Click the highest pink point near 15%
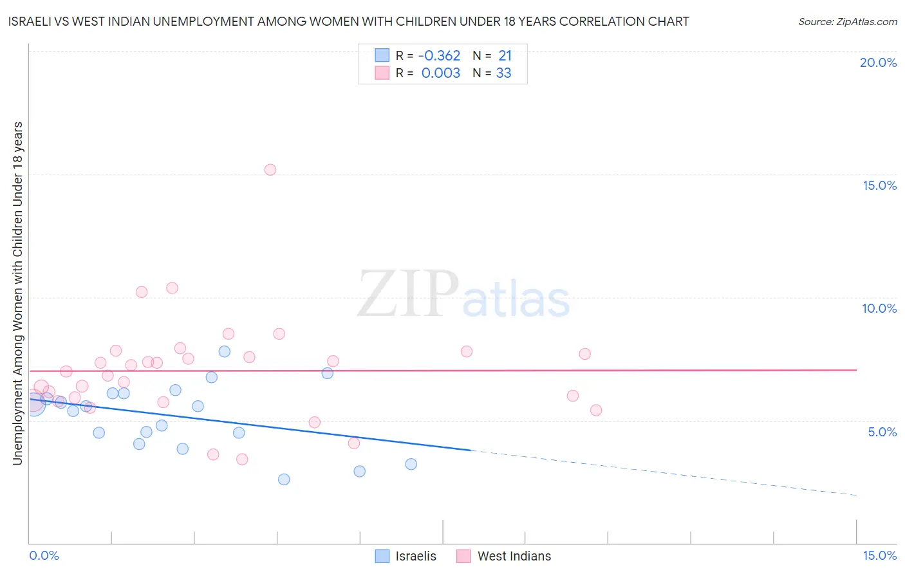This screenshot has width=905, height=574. [270, 170]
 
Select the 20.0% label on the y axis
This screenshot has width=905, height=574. [878, 62]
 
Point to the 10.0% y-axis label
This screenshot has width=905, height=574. [879, 308]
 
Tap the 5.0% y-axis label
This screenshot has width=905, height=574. [882, 432]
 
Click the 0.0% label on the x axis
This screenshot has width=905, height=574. [44, 555]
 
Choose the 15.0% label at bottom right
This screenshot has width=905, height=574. [879, 555]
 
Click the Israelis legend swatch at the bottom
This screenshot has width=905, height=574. [382, 556]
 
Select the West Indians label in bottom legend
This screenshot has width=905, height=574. [514, 556]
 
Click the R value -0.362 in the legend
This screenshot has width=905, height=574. [439, 56]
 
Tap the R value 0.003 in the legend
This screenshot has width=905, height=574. [441, 73]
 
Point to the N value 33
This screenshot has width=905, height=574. [503, 73]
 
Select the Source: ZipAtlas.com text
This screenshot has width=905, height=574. [847, 22]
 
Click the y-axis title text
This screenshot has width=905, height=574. [17, 293]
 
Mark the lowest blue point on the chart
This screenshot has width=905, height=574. [284, 479]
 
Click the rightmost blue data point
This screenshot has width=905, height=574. [411, 464]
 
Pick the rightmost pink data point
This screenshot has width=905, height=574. [596, 410]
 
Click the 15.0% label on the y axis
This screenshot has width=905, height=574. [879, 185]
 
